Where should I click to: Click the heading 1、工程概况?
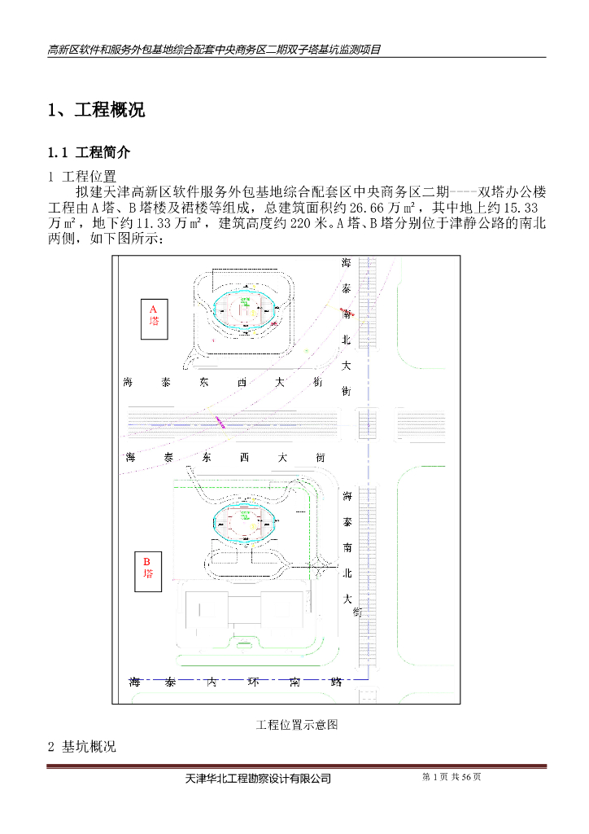(97, 111)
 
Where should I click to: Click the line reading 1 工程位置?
(82, 176)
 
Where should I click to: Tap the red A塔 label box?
(153, 315)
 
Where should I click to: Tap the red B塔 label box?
(148, 568)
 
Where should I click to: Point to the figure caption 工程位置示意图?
(297, 724)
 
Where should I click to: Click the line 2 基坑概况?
(82, 747)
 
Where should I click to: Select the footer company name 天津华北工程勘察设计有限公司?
(259, 779)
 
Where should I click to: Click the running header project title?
(215, 49)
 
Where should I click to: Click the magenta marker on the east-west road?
(220, 420)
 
